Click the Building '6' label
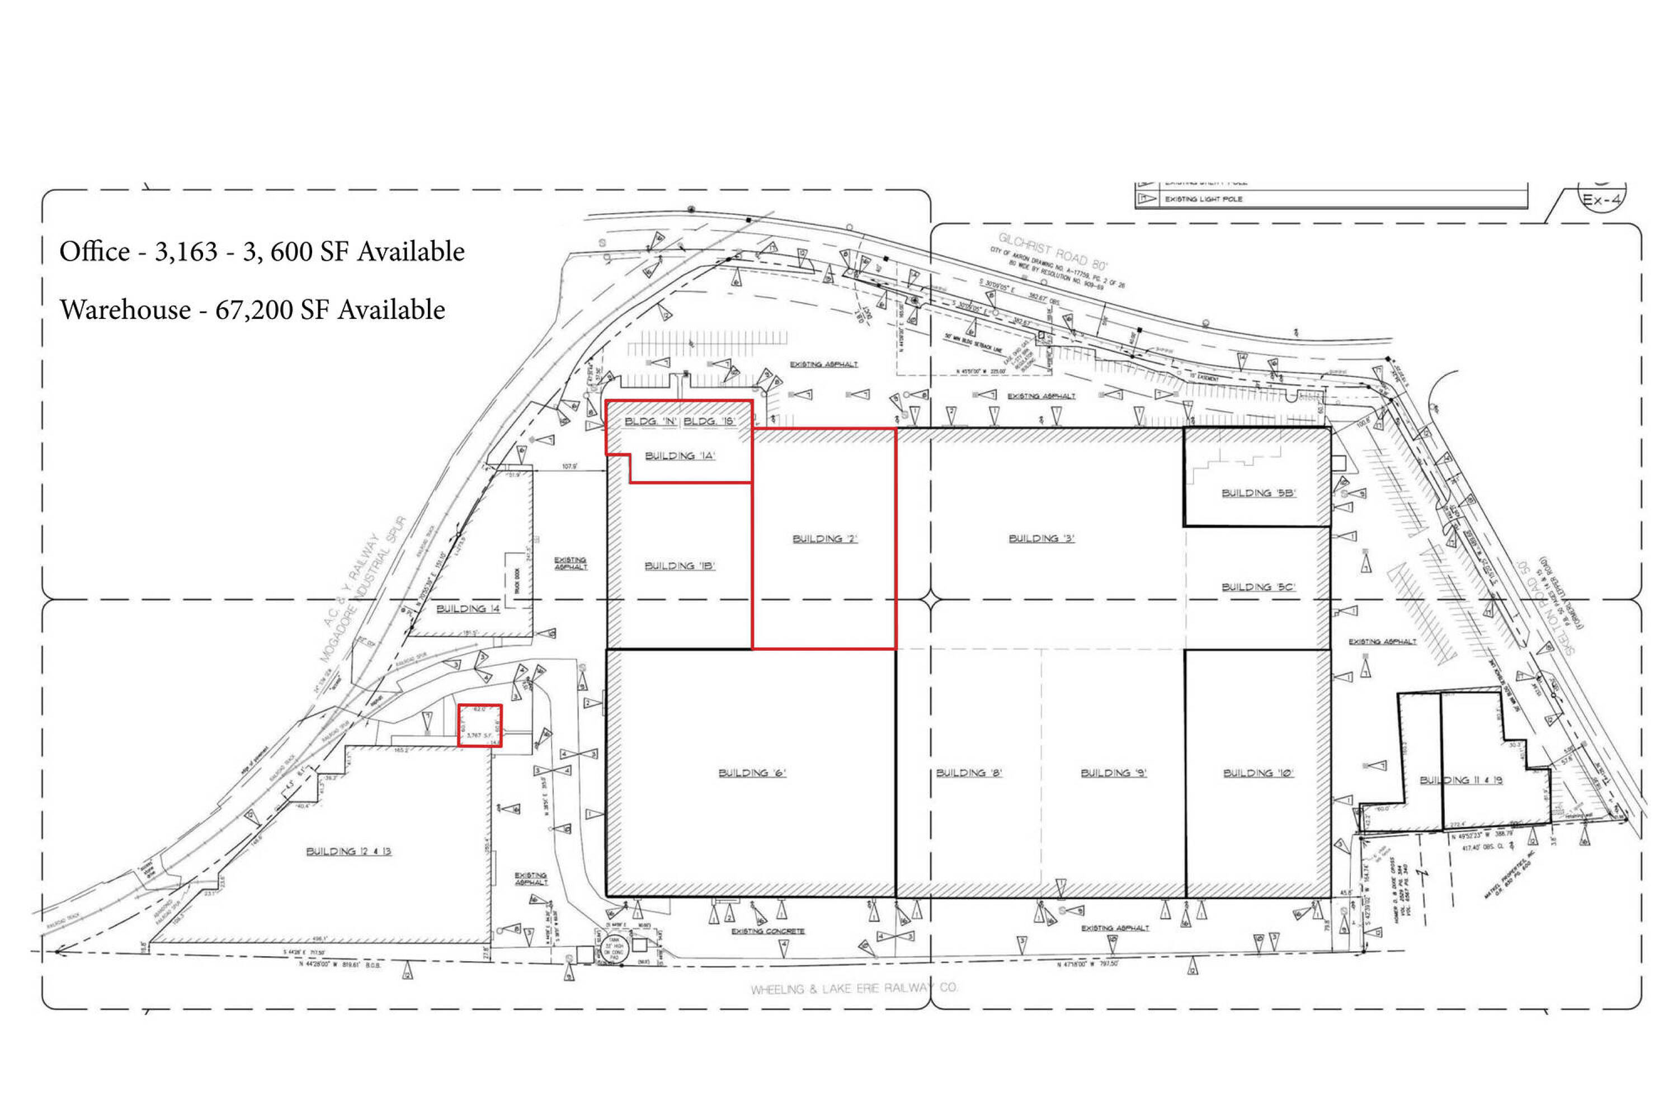coord(751,772)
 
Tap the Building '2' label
coord(824,538)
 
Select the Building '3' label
coord(1041,538)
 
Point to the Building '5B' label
coord(1258,492)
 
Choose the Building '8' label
coord(969,772)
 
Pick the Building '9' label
coord(1113,772)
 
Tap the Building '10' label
coord(1258,772)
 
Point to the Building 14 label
coord(468,608)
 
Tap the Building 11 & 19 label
coord(1460,780)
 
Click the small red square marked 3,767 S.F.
coord(479,726)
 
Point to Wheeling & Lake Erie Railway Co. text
coord(854,988)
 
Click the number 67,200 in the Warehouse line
coord(254,310)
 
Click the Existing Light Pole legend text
coord(1204,199)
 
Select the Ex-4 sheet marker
coord(1602,200)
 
